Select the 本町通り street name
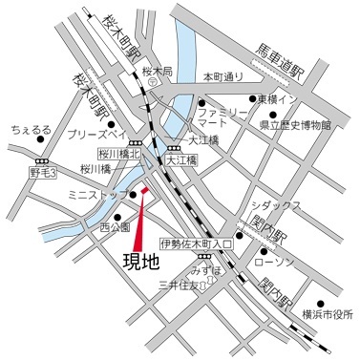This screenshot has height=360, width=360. point(224,75)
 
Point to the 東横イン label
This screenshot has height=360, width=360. point(286,98)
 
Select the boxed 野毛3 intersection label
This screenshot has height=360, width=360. point(43,173)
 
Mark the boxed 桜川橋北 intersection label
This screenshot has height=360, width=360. point(118,152)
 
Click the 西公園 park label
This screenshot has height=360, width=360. point(114,227)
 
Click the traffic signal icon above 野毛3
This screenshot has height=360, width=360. point(42,159)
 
